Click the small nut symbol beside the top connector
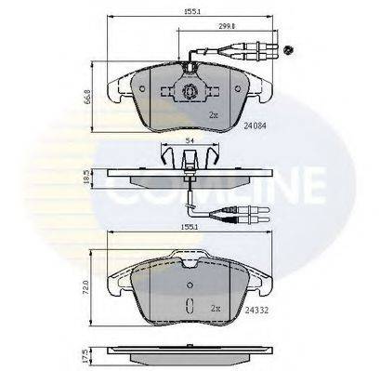coord(291,48)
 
